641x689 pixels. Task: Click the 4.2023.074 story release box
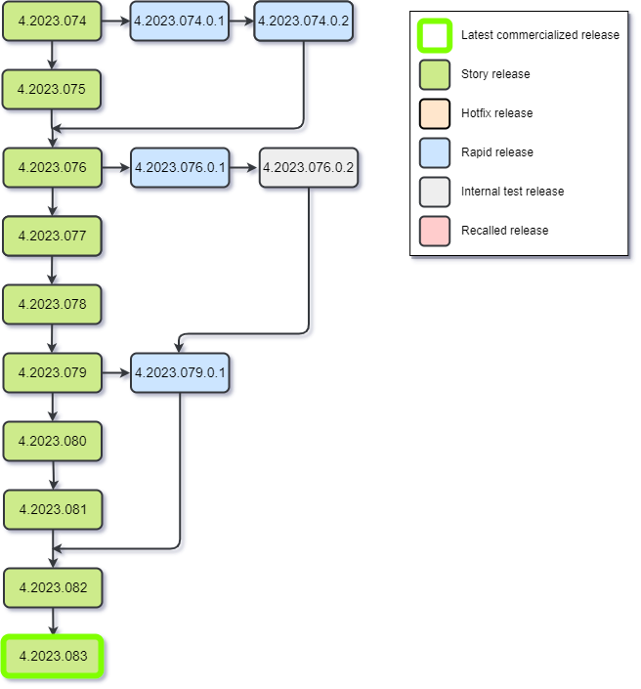pyautogui.click(x=52, y=21)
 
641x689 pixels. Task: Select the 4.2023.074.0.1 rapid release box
pyautogui.click(x=180, y=21)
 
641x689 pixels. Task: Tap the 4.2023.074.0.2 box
pyautogui.click(x=303, y=21)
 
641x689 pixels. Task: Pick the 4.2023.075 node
pyautogui.click(x=52, y=89)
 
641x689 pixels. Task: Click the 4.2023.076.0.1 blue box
pyautogui.click(x=180, y=167)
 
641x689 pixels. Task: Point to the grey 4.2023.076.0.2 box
pyautogui.click(x=309, y=167)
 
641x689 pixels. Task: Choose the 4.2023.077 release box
pyautogui.click(x=52, y=236)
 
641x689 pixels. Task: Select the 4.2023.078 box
pyautogui.click(x=52, y=304)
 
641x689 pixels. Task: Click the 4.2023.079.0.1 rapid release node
pyautogui.click(x=180, y=372)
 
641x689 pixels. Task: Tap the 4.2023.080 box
pyautogui.click(x=52, y=441)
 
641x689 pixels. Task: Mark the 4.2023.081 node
pyautogui.click(x=53, y=509)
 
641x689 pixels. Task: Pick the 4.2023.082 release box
pyautogui.click(x=53, y=587)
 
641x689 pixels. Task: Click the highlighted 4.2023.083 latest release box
pyautogui.click(x=53, y=656)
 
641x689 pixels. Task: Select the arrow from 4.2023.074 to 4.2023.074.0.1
pyautogui.click(x=115, y=21)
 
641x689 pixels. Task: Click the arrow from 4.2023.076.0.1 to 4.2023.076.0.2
pyautogui.click(x=244, y=167)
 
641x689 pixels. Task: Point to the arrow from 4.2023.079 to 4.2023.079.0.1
pyautogui.click(x=115, y=372)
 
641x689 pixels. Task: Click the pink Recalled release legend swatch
pyautogui.click(x=435, y=231)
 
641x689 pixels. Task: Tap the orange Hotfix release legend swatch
pyautogui.click(x=435, y=113)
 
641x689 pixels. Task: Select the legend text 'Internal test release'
pyautogui.click(x=512, y=192)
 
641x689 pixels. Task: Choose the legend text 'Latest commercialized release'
pyautogui.click(x=539, y=35)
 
